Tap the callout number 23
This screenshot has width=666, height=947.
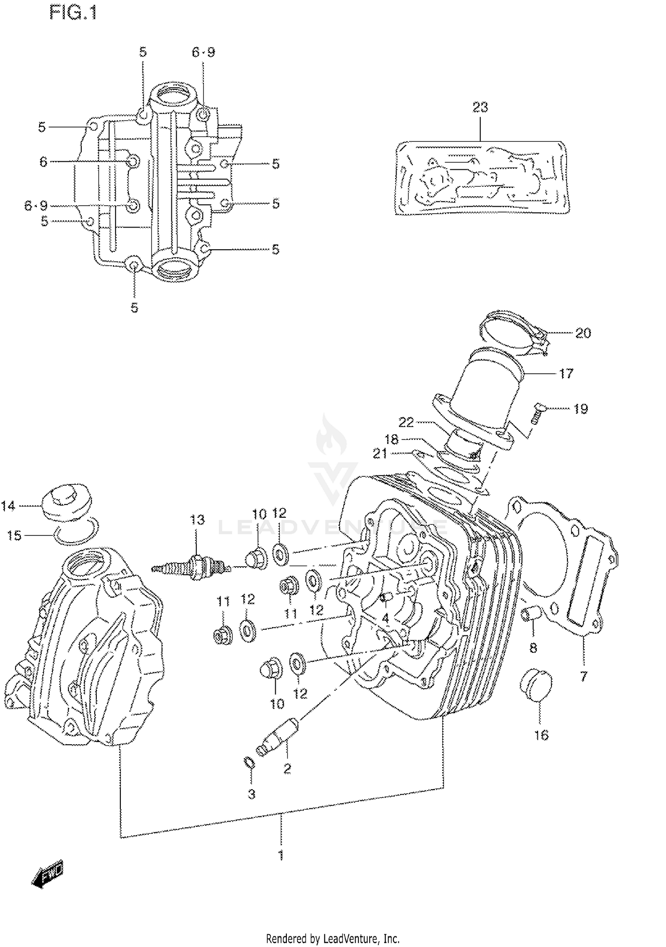tap(480, 107)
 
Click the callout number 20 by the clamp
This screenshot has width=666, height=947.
tap(583, 333)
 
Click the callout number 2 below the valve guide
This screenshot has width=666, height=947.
tap(287, 768)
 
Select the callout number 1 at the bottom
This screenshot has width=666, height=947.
tap(281, 855)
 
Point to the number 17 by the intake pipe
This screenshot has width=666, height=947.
tap(566, 373)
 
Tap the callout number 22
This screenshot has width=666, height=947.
tap(406, 422)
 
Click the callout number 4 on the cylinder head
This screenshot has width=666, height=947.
tap(385, 618)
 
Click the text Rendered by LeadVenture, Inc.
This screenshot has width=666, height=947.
tap(333, 939)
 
